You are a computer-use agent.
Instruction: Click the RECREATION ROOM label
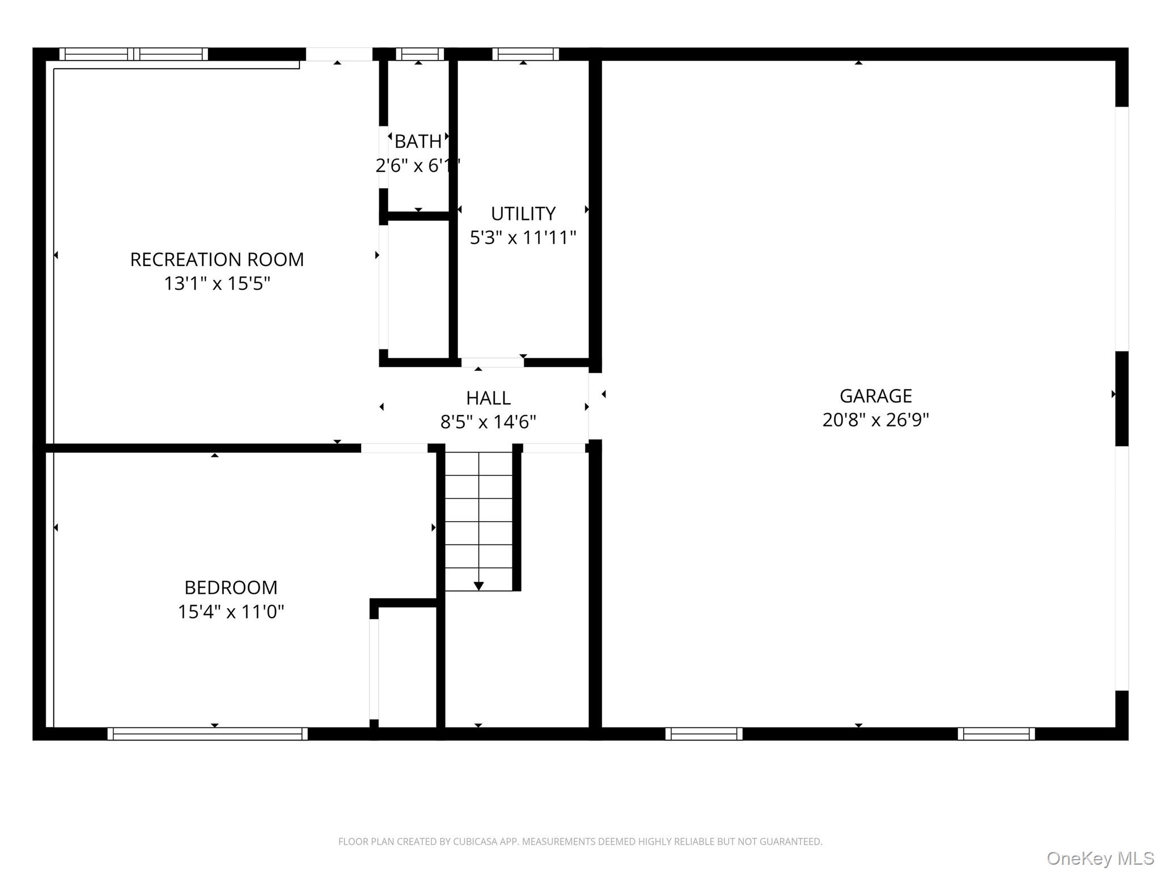point(217,260)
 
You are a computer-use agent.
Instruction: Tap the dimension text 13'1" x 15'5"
point(217,284)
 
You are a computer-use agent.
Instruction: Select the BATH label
point(418,141)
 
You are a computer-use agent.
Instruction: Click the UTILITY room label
point(523,214)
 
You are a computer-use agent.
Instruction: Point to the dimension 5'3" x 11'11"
point(523,238)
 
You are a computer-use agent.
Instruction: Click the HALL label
point(488,398)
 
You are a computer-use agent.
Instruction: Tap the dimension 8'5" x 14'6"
point(488,422)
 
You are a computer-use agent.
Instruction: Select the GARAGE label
point(875,396)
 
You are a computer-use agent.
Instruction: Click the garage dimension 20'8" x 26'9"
point(875,420)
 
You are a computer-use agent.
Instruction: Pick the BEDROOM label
point(231,587)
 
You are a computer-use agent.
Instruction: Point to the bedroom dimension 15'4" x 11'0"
point(231,612)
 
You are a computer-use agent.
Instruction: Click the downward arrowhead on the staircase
point(478,586)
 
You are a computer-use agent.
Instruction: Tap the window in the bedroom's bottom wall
point(207,734)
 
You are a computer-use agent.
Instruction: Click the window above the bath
point(420,54)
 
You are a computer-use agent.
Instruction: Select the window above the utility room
point(526,54)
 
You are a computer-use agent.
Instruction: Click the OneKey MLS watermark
point(1100,858)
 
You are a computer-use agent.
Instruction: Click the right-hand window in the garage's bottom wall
point(996,734)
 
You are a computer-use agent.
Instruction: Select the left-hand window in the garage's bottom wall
point(704,734)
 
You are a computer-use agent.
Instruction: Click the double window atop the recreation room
point(134,54)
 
